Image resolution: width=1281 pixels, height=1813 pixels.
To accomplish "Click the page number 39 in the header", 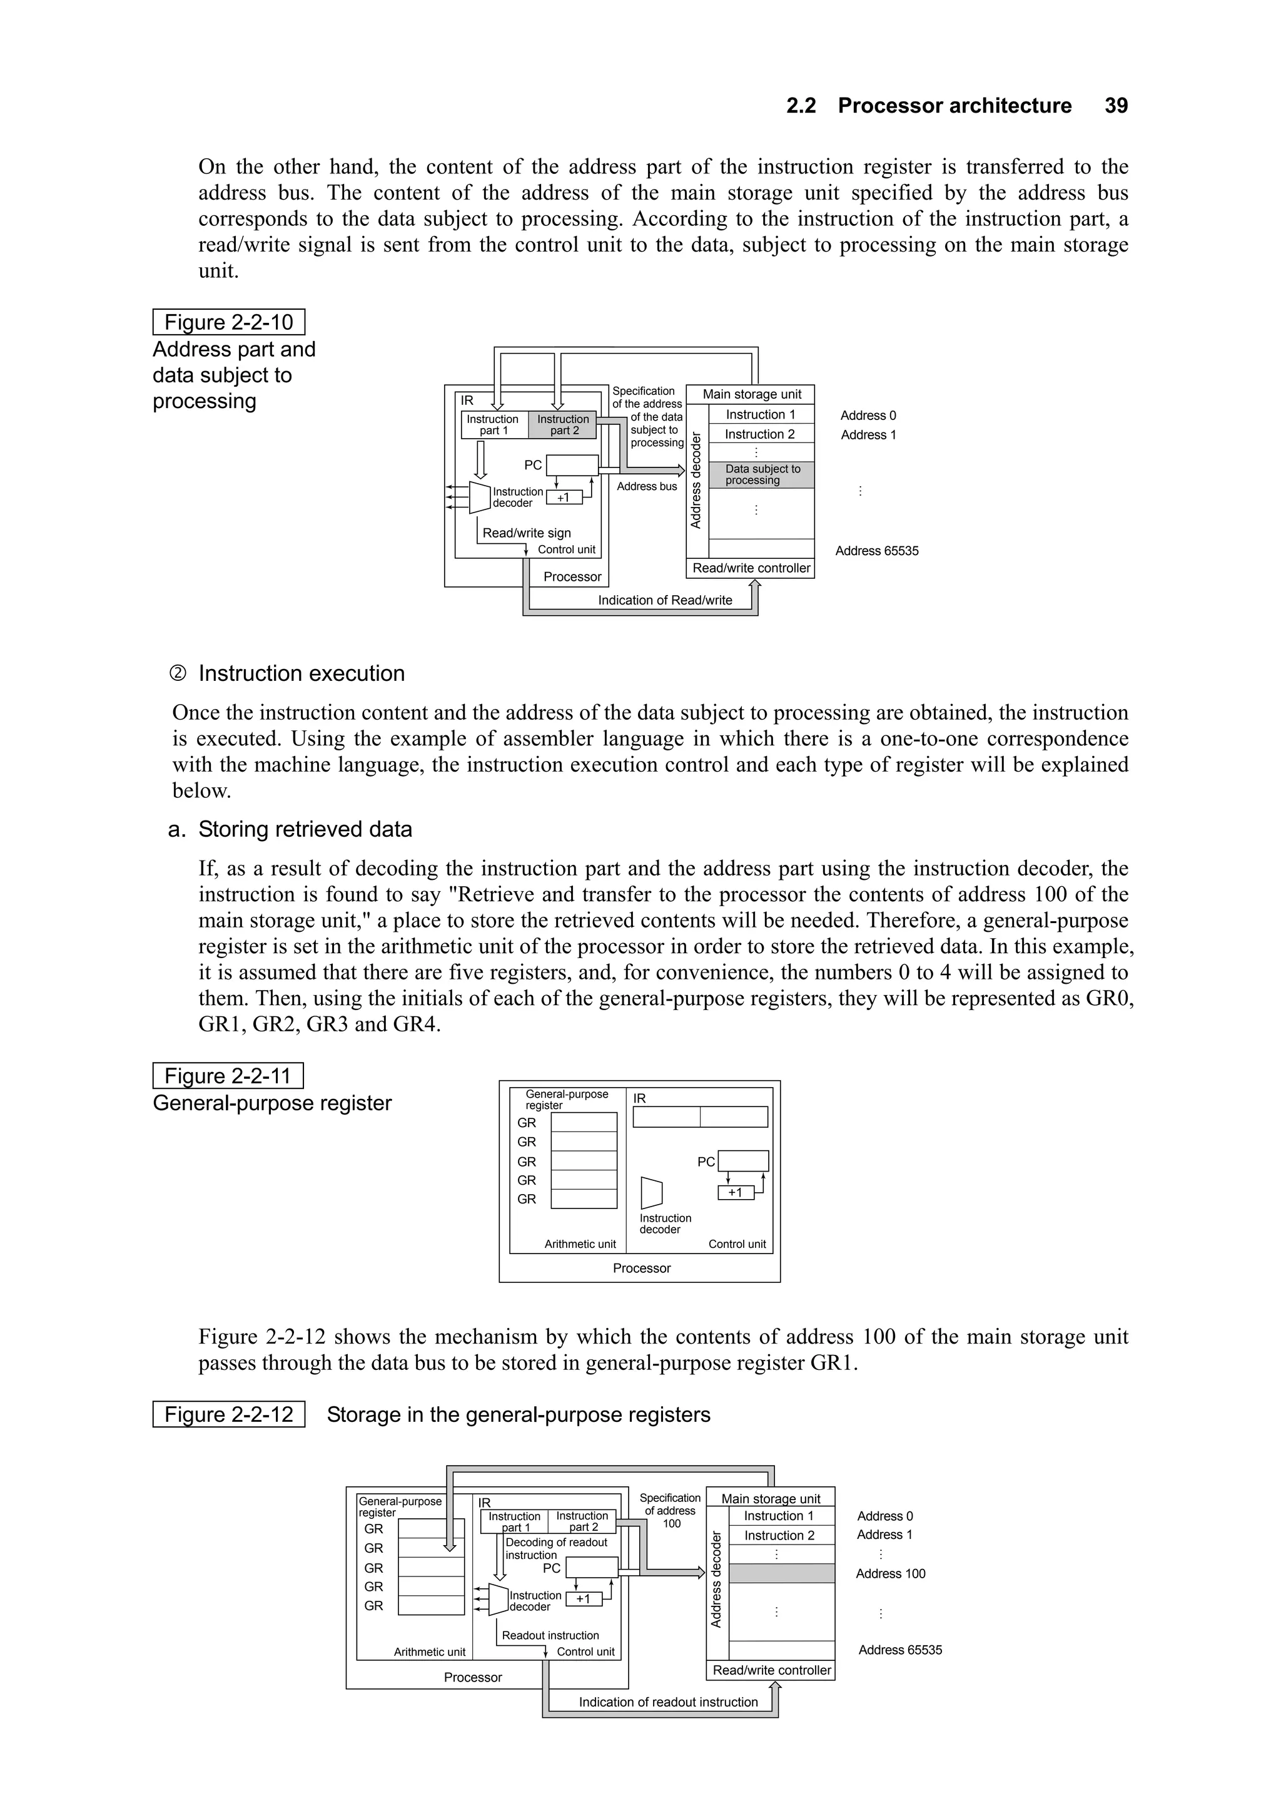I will tap(1115, 106).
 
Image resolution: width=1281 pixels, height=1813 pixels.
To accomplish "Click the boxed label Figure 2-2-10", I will tap(228, 322).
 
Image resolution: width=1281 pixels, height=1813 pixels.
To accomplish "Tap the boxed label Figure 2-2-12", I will tap(228, 1414).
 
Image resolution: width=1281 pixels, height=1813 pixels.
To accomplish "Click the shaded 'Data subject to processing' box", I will tap(762, 474).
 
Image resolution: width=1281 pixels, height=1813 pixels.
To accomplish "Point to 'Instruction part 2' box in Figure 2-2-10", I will tap(563, 425).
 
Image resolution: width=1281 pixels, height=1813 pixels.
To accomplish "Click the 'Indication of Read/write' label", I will tap(664, 600).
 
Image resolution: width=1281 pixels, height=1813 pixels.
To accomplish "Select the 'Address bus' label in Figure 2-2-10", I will tap(646, 486).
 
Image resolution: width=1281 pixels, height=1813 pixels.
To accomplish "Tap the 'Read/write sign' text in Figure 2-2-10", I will tap(527, 533).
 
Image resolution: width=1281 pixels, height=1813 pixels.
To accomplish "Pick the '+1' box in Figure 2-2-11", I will tap(735, 1192).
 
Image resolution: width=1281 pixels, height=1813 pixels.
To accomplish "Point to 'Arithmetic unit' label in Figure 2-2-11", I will tap(579, 1244).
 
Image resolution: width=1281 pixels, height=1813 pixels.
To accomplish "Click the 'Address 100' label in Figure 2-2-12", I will tap(890, 1573).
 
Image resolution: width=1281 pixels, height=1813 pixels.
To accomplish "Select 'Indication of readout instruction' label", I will tap(668, 1702).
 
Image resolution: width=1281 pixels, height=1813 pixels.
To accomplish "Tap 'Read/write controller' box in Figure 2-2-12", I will tap(771, 1670).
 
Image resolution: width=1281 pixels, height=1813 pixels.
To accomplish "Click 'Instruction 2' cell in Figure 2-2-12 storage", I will tap(779, 1535).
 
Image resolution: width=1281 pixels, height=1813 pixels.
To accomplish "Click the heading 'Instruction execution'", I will tap(301, 673).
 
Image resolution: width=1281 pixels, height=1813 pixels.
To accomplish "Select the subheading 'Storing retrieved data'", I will tap(305, 829).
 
